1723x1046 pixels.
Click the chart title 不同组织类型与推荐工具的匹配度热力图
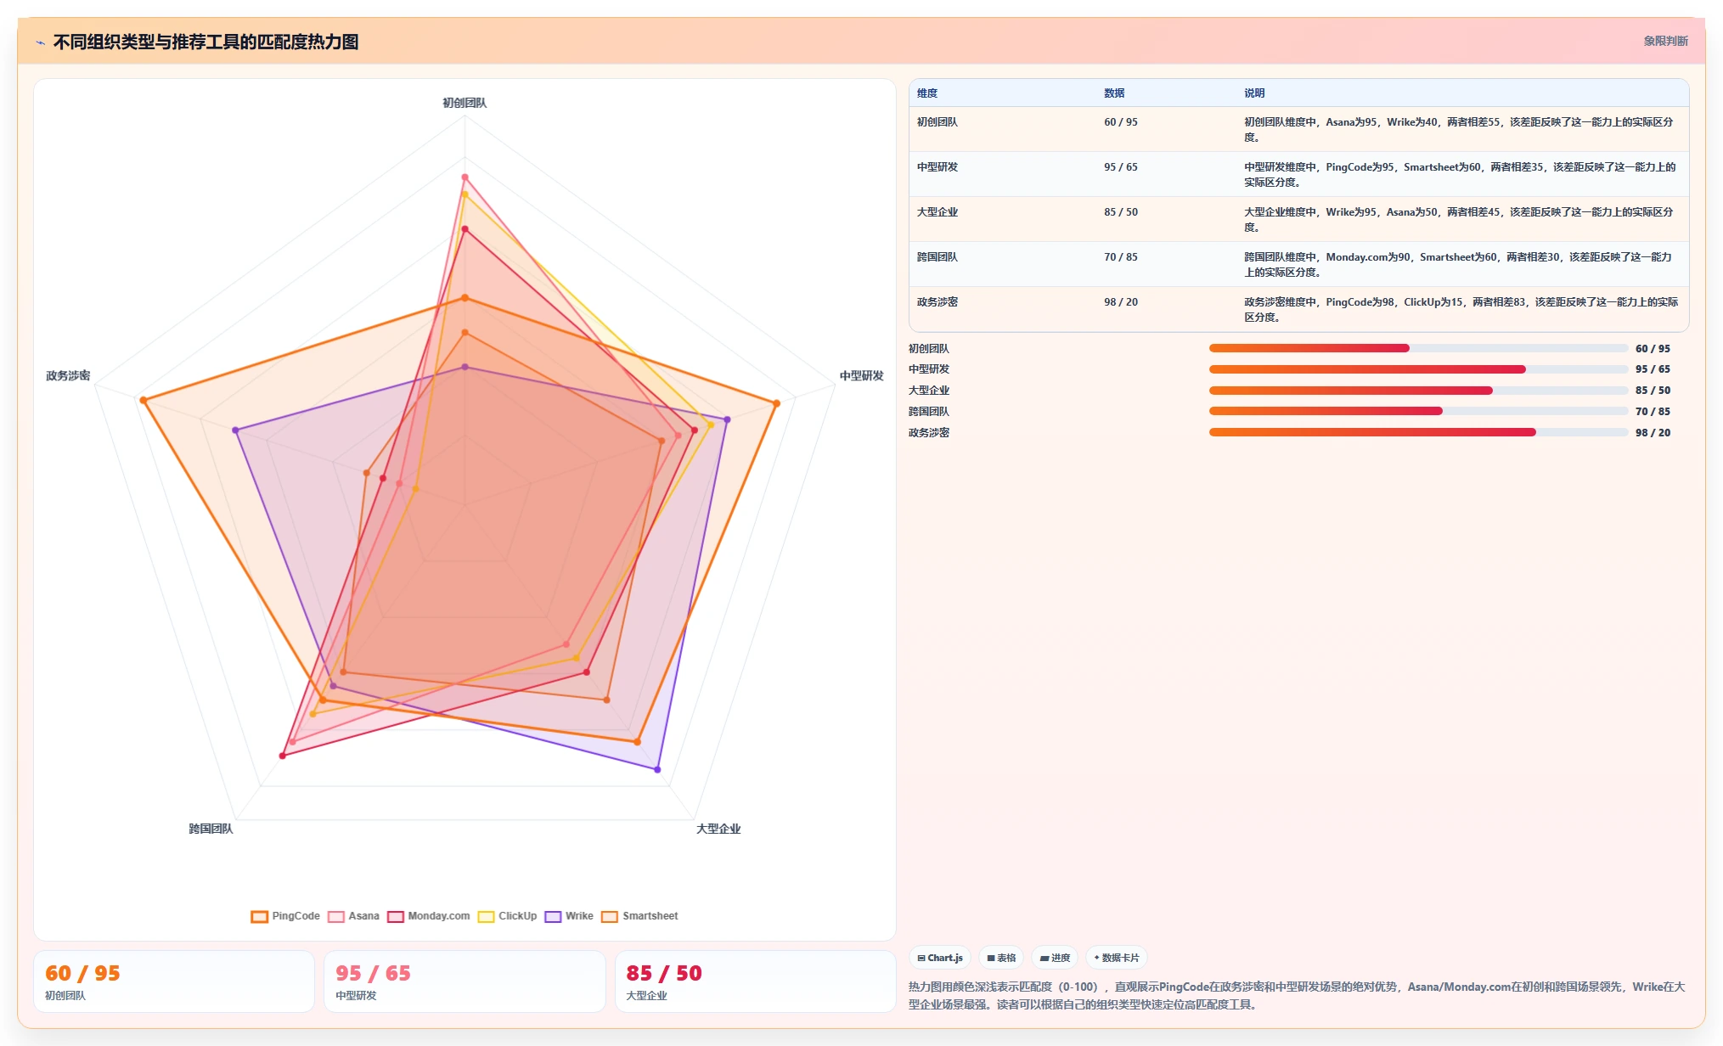(x=206, y=42)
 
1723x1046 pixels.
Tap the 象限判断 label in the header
(x=1665, y=41)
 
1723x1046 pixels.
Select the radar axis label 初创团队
(x=465, y=103)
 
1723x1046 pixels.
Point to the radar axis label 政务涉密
(x=68, y=375)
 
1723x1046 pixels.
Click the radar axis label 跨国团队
(x=211, y=829)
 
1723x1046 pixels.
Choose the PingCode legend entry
(x=285, y=916)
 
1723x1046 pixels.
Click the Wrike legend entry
(x=569, y=916)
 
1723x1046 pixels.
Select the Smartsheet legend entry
(x=639, y=916)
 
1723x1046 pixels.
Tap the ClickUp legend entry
(x=507, y=916)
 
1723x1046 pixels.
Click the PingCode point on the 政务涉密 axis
(x=143, y=400)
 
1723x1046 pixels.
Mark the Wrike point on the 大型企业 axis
(x=657, y=769)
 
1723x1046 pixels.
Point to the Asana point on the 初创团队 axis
(x=465, y=177)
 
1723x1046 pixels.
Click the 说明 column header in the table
(x=1254, y=93)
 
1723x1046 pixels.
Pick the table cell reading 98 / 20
(x=1121, y=302)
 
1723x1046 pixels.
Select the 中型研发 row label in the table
(x=938, y=167)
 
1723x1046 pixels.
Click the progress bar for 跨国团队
(x=1418, y=411)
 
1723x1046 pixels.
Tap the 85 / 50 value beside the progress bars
(x=1653, y=391)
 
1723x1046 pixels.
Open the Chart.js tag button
(x=940, y=958)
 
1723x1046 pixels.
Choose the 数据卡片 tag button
(x=1117, y=958)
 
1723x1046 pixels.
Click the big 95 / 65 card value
(x=373, y=973)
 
